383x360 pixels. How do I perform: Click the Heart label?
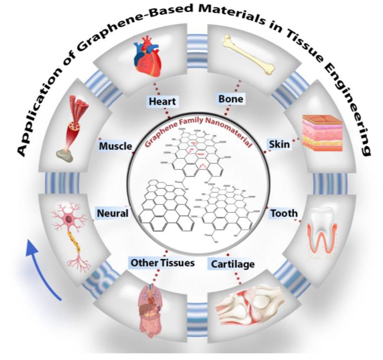(162, 102)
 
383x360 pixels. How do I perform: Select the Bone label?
(231, 99)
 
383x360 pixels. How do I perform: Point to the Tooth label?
(284, 213)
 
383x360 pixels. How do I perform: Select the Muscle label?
(115, 146)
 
